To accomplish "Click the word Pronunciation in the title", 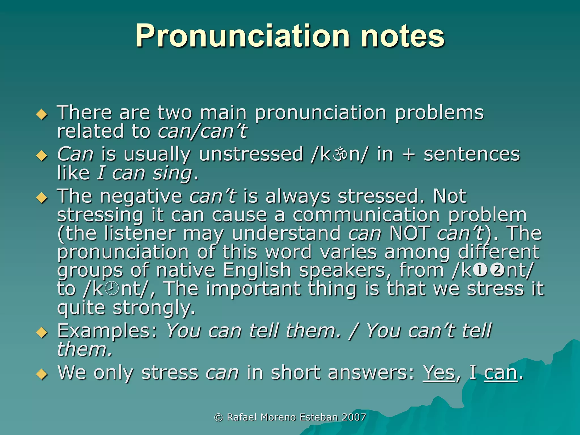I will [242, 36].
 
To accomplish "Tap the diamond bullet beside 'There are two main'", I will [42, 115].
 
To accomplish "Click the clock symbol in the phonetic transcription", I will [112, 289].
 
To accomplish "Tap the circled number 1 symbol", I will [480, 270].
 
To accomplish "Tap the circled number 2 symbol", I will [497, 270].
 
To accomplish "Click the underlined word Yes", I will [439, 373].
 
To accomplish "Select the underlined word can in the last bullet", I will [501, 373].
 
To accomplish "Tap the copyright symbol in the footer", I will [218, 417].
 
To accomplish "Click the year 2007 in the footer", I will [354, 417].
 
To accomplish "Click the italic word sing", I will [172, 173].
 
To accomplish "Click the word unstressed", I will [251, 155].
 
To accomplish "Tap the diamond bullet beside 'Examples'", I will [42, 332].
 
